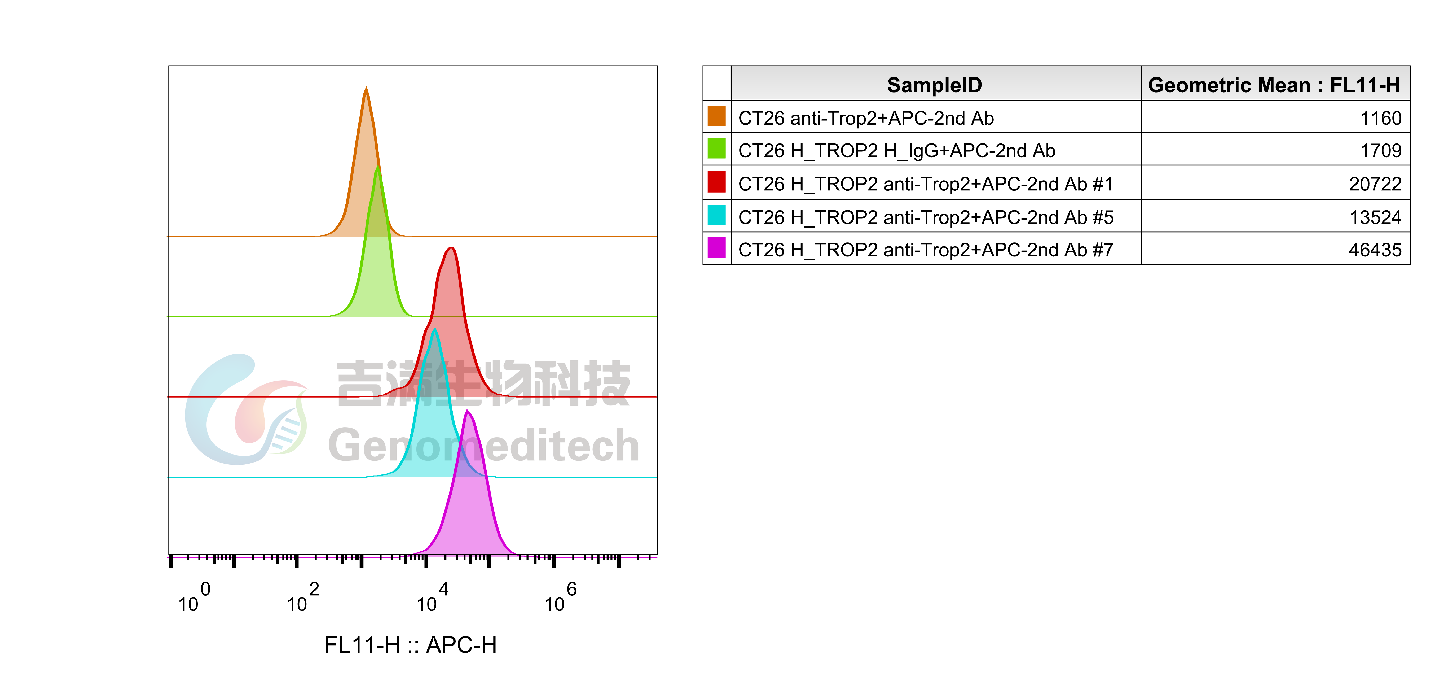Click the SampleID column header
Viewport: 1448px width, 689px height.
point(934,85)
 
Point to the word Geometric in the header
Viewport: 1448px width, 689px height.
point(1200,85)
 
